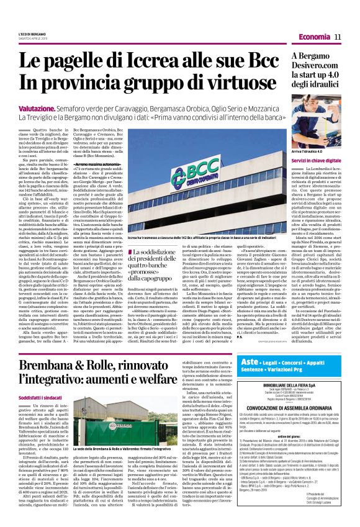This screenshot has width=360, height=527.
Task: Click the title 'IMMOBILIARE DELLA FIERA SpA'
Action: (299, 367)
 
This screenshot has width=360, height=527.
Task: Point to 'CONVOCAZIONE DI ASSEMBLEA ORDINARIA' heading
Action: (299, 389)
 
